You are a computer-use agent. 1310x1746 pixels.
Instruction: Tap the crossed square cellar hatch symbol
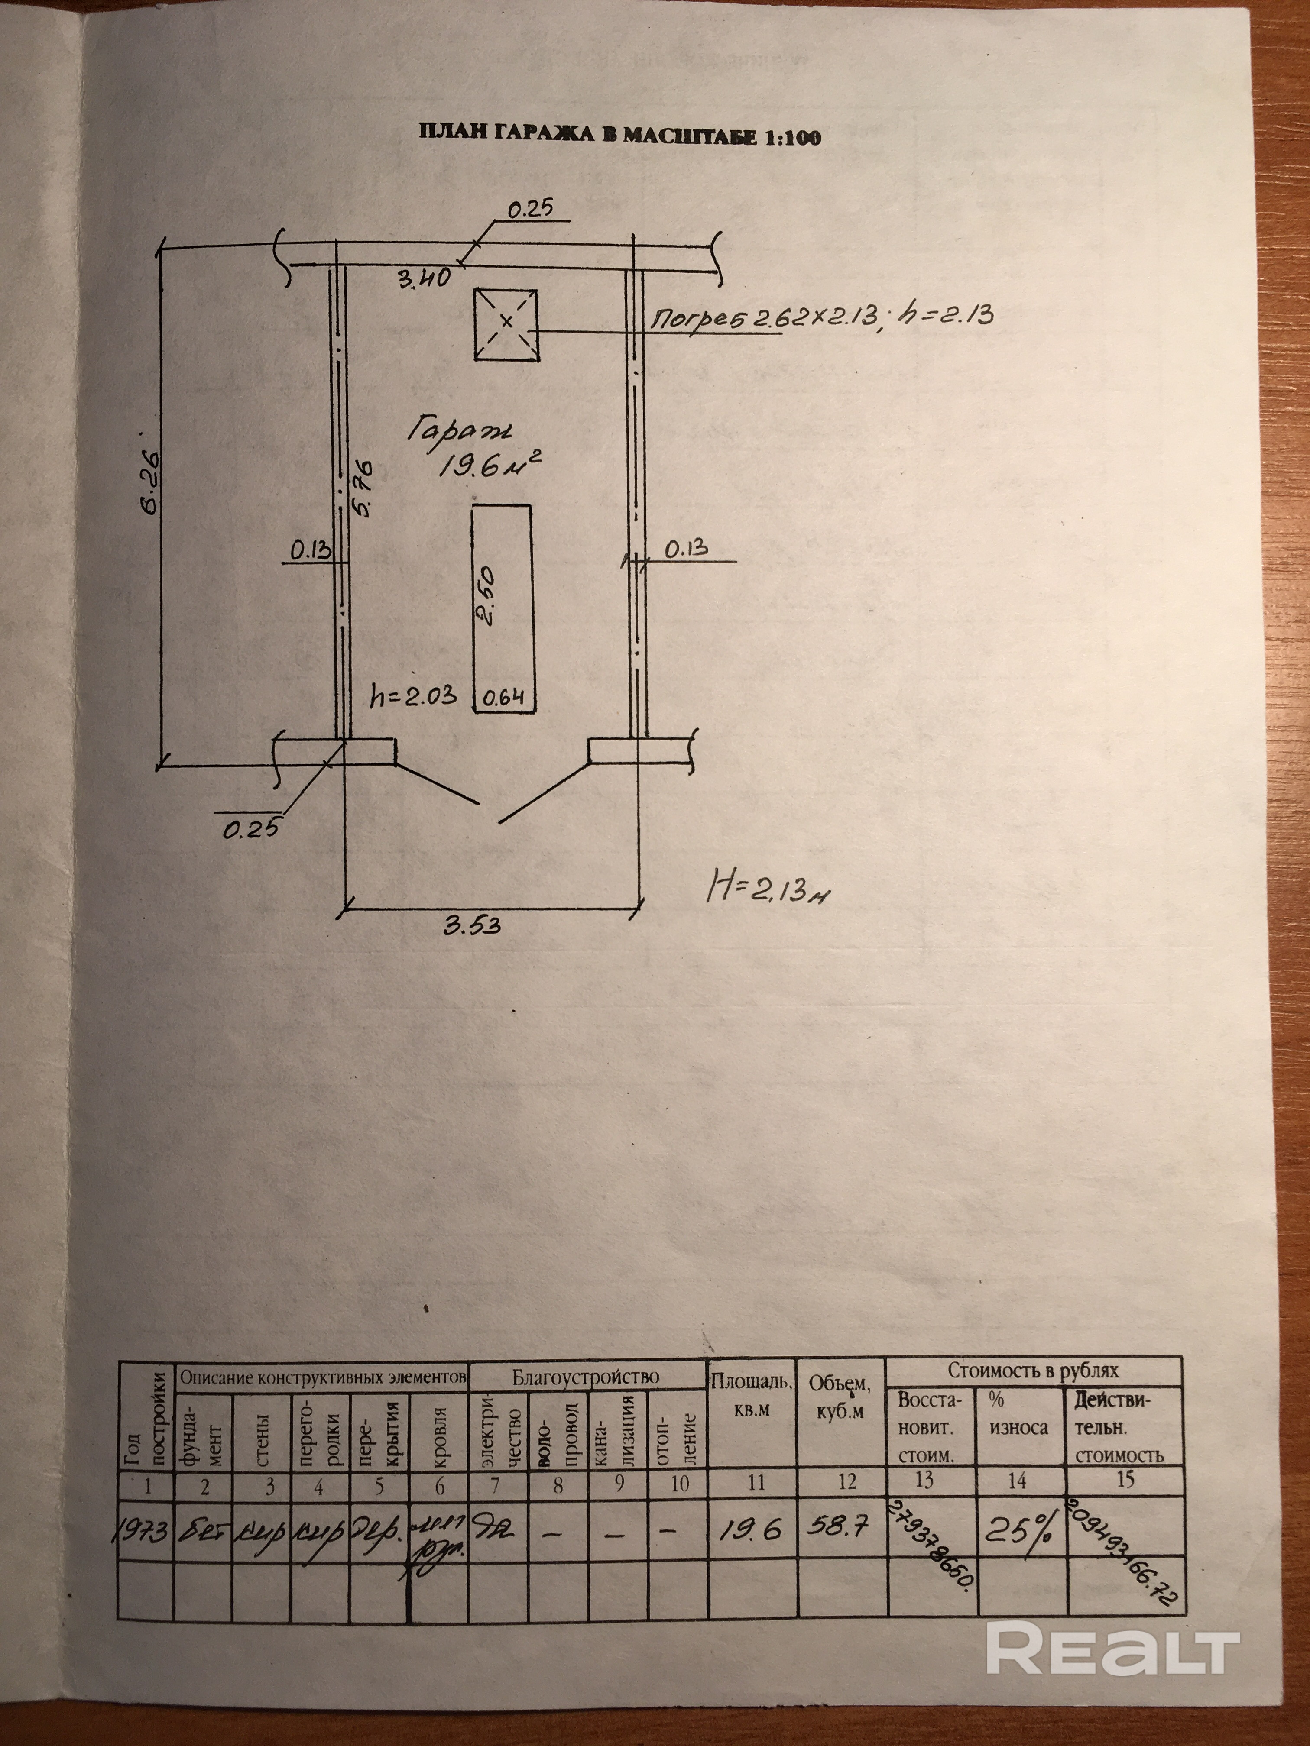point(506,324)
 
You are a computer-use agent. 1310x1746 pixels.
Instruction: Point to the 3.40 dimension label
point(424,278)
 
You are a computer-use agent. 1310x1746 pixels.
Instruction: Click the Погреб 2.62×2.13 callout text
point(821,317)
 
